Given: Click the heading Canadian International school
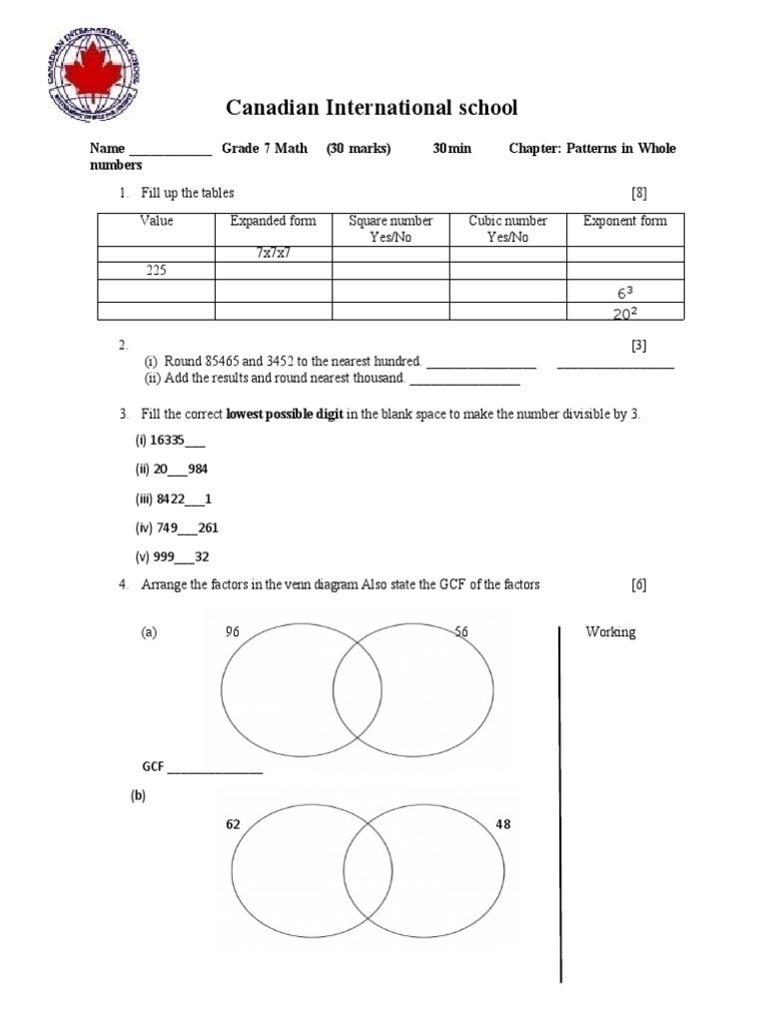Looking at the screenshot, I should pos(372,108).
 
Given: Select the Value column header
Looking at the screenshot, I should pos(156,221).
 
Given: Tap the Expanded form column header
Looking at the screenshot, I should pos(273,221).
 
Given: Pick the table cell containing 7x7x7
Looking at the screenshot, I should pos(273,254).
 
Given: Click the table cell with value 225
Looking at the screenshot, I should pos(156,270).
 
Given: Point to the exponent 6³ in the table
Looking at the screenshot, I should pos(625,293).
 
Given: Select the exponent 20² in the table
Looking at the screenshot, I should pos(625,313).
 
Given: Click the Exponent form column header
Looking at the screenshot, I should pos(625,221).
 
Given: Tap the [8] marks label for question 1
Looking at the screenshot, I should pos(639,193).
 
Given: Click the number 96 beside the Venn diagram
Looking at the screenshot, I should pos(235,631).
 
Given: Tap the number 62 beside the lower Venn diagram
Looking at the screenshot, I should pos(234,825).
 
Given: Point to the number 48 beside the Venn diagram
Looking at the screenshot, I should pos(503,825).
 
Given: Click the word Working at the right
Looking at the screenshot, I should pos(610,632).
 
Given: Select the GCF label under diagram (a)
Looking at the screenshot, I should pos(153,767).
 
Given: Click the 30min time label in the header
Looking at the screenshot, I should pos(451,149).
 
